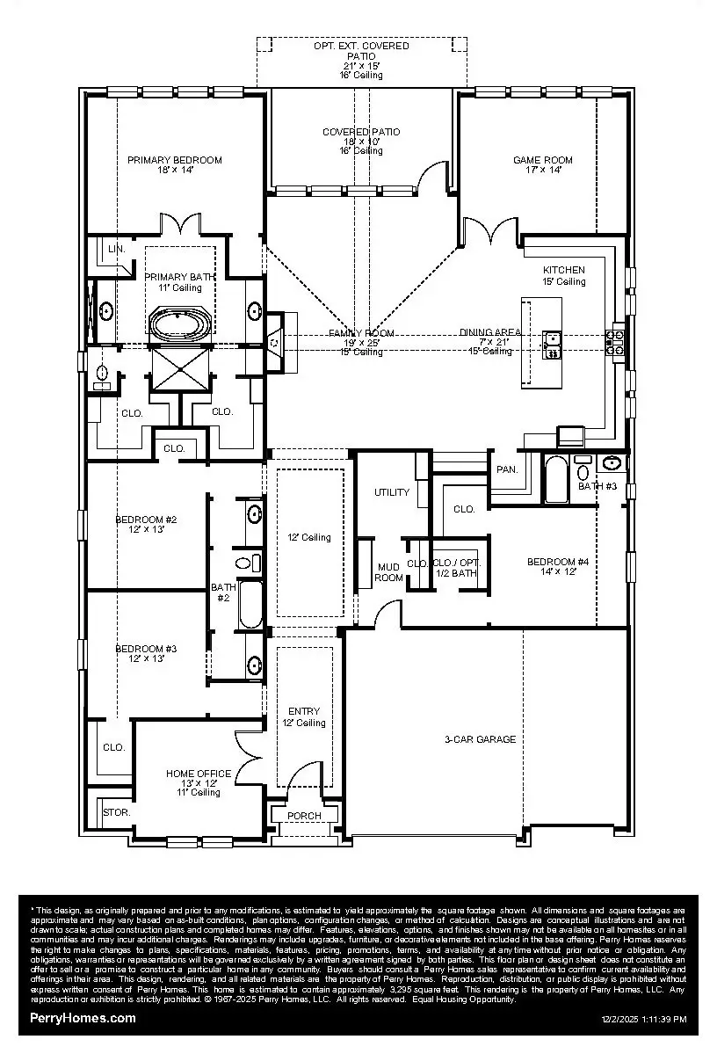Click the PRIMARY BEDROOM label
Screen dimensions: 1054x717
coord(174,160)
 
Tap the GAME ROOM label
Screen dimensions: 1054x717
coord(543,160)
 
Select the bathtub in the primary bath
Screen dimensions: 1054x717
coord(180,323)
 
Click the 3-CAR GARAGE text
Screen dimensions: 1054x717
coord(480,739)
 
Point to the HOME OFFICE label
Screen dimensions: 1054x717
coord(199,774)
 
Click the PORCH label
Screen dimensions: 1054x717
coord(304,816)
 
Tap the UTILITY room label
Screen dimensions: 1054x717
coord(392,492)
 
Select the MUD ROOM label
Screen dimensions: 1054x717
coord(389,572)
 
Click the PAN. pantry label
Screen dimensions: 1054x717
coord(507,469)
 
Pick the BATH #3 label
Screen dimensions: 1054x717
coord(597,486)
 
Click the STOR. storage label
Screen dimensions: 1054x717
coord(117,812)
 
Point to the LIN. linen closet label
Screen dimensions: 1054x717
coord(117,250)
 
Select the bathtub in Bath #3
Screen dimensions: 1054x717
coord(556,480)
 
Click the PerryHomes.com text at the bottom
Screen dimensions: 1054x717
coord(83,1018)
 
